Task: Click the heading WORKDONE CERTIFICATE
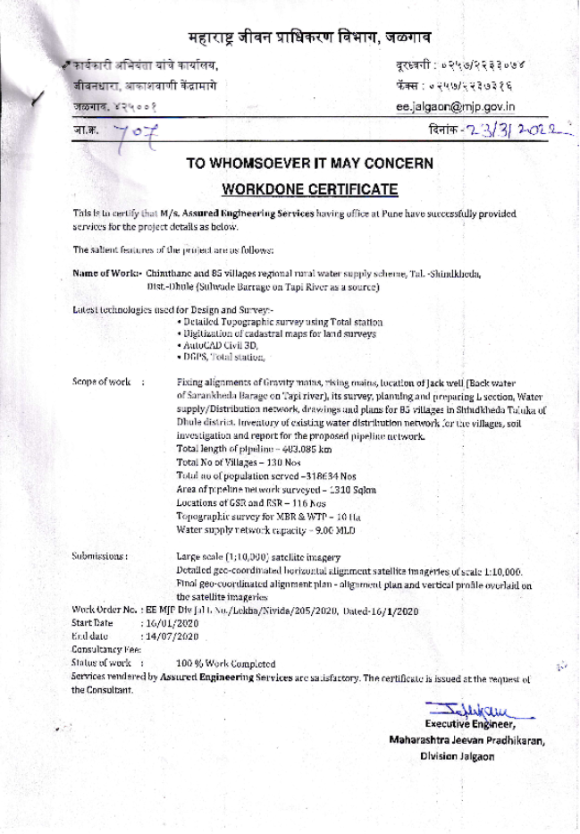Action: coord(309,190)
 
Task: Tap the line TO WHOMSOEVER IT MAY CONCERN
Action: coord(309,164)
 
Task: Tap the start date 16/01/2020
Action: coord(170,621)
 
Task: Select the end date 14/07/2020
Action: coord(170,635)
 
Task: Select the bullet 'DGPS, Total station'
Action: coord(223,357)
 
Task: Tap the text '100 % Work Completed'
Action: coord(225,663)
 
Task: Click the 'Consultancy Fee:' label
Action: coord(106,649)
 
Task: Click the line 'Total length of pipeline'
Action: coord(254,449)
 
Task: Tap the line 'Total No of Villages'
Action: coord(236,462)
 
